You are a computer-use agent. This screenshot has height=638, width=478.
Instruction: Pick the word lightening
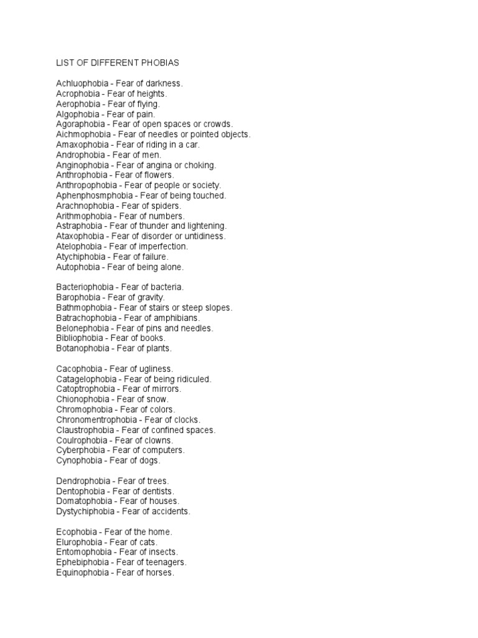(205, 226)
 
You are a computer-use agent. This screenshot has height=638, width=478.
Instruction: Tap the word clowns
(158, 440)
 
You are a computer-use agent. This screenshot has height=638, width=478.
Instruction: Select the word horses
(159, 573)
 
